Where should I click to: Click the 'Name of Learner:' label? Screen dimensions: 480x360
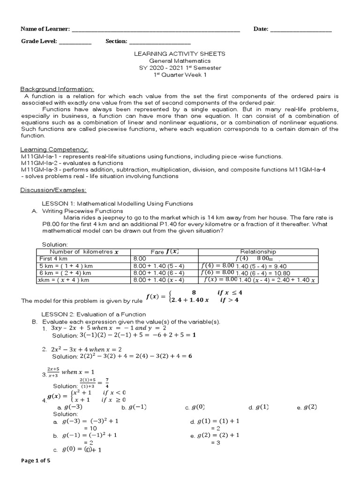pos(45,29)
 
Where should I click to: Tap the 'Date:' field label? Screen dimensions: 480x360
pos(261,29)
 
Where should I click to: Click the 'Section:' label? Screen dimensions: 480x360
pos(116,41)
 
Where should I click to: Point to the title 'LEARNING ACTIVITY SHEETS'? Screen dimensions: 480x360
pos(180,54)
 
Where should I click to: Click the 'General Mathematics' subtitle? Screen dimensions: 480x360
pos(180,61)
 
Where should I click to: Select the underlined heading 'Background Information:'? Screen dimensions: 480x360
pos(57,89)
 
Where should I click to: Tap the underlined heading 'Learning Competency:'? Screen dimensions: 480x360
pos(54,149)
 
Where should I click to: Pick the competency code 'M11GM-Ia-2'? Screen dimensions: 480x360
pos(36,163)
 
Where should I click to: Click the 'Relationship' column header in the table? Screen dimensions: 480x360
pos(258,252)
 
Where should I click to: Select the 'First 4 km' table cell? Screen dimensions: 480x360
pos(53,258)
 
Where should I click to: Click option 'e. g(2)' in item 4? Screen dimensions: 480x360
pos(307,407)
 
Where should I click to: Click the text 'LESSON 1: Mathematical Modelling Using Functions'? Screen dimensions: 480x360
pos(117,204)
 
